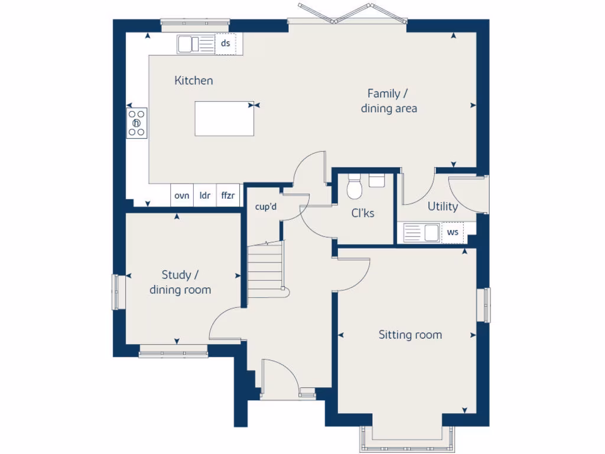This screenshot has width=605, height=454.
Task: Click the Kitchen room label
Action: point(194,80)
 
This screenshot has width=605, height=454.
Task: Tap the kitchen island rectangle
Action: point(225,118)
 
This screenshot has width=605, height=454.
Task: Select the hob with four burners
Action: point(137,123)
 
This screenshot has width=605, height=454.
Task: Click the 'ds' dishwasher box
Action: point(225,44)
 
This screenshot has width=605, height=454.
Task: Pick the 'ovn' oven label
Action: point(182,196)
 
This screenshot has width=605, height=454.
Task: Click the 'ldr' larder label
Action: point(205,196)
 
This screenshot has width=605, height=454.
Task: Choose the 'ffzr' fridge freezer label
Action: point(228,196)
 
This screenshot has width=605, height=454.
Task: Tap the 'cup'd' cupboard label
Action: point(266,207)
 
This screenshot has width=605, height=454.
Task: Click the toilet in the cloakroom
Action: point(354,187)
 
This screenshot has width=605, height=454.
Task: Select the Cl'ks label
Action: point(363,213)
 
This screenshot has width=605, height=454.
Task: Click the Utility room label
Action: point(443,206)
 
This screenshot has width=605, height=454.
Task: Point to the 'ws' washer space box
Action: point(453,232)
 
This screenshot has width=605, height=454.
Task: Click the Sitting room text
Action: point(410,335)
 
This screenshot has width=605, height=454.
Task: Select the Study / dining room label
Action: point(180,283)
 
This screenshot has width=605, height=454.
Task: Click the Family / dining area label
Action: point(389,101)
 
